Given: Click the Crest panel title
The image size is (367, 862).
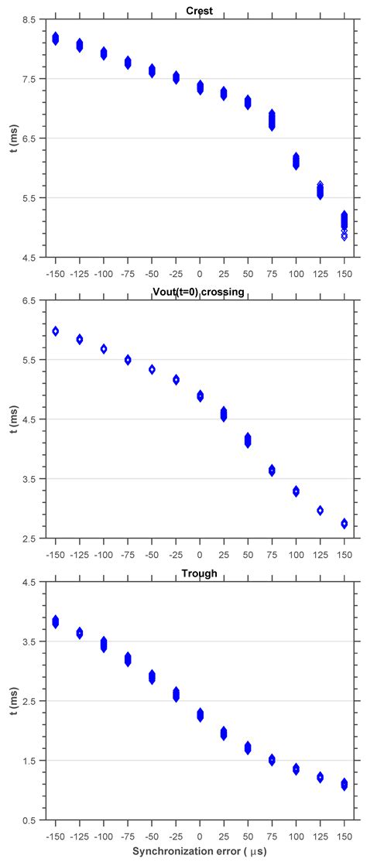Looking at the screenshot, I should click(x=200, y=10).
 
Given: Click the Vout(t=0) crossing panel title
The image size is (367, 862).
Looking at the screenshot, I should click(x=200, y=292).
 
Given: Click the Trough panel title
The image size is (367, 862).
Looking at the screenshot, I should click(x=200, y=573).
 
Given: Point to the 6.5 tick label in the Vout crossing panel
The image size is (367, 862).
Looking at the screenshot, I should click(x=26, y=301).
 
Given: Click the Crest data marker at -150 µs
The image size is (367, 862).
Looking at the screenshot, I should click(x=55, y=39).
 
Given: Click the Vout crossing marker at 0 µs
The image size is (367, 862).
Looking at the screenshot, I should click(x=200, y=396).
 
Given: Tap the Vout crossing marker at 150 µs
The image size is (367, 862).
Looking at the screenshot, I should click(x=345, y=524).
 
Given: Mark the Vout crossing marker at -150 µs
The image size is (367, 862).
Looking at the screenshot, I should click(x=55, y=331).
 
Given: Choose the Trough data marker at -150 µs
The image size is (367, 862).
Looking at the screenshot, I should click(x=55, y=621).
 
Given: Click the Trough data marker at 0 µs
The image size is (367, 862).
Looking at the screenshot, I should click(x=200, y=715).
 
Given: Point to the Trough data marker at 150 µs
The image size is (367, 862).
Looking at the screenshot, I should click(x=345, y=785).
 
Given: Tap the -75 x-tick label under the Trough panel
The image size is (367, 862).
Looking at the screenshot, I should click(x=127, y=836).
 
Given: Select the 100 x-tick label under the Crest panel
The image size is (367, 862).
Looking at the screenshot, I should click(x=296, y=273).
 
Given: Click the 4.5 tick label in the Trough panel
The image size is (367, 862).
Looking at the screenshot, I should click(x=26, y=583).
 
